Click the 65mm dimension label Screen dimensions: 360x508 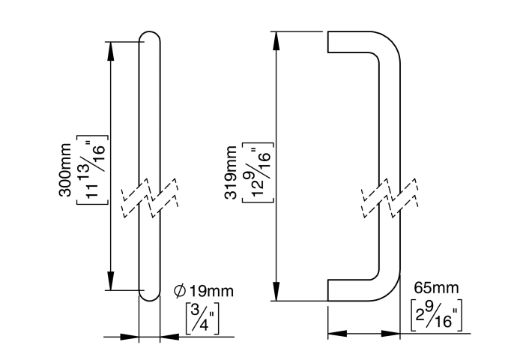pos(435,288)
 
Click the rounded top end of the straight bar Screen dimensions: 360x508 pos(150,37)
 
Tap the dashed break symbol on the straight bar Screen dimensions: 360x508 pos(150,196)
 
